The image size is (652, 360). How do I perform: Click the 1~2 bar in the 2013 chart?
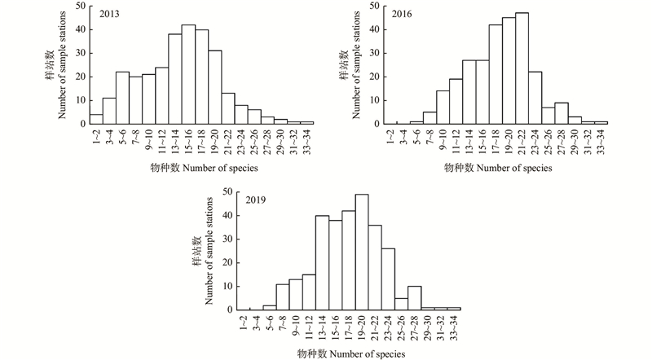tap(96, 119)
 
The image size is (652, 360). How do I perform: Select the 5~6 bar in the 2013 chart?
tap(122, 98)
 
